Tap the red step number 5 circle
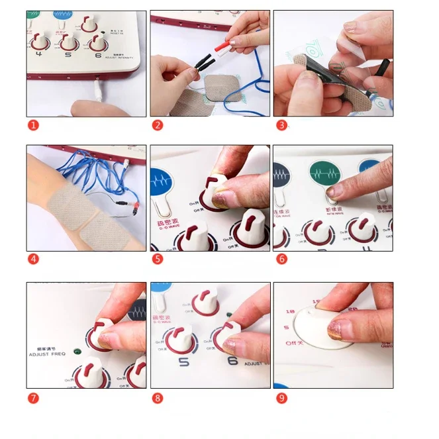tap(157, 259)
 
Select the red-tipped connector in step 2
tap(221, 43)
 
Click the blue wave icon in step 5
tap(163, 179)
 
